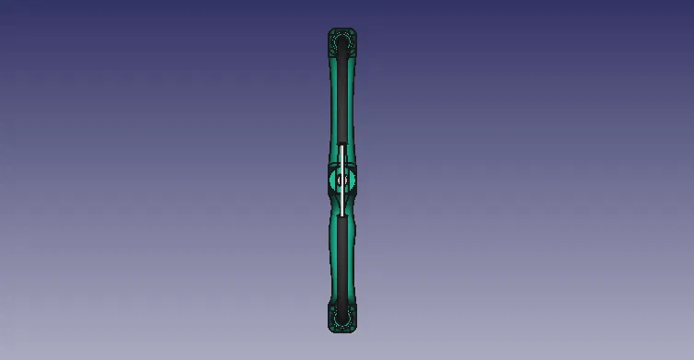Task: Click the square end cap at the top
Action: (342, 41)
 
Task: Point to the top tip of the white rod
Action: (342, 145)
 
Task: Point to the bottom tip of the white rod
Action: (342, 215)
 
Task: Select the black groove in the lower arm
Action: (342, 262)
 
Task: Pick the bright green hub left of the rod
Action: (333, 180)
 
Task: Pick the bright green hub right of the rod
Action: (351, 180)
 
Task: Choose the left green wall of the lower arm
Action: (332, 262)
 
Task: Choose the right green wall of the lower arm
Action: (353, 262)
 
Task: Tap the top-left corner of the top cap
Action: (330, 30)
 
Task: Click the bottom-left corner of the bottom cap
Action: (330, 330)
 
